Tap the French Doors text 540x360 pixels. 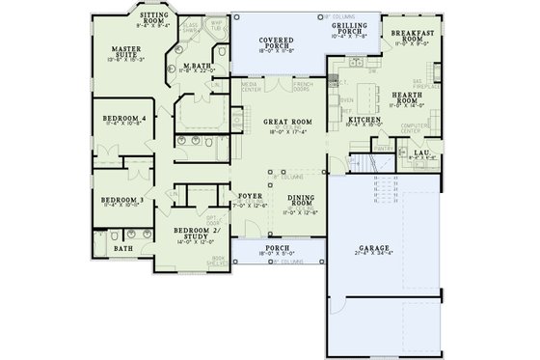pos(302,86)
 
